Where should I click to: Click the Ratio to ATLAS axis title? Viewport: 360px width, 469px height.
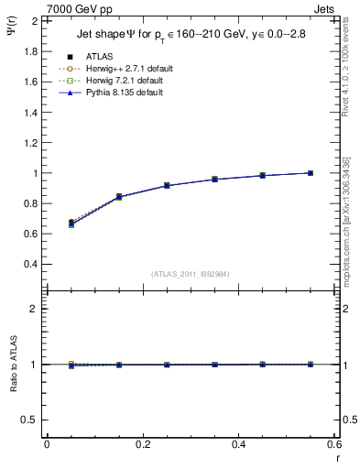(x=11, y=365)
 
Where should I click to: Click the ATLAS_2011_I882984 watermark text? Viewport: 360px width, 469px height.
(x=190, y=274)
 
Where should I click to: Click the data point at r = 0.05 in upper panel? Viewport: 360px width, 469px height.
(x=71, y=223)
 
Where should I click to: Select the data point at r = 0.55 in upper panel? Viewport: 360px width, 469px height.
(x=311, y=173)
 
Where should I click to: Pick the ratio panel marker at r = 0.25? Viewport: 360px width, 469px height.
(x=167, y=365)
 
